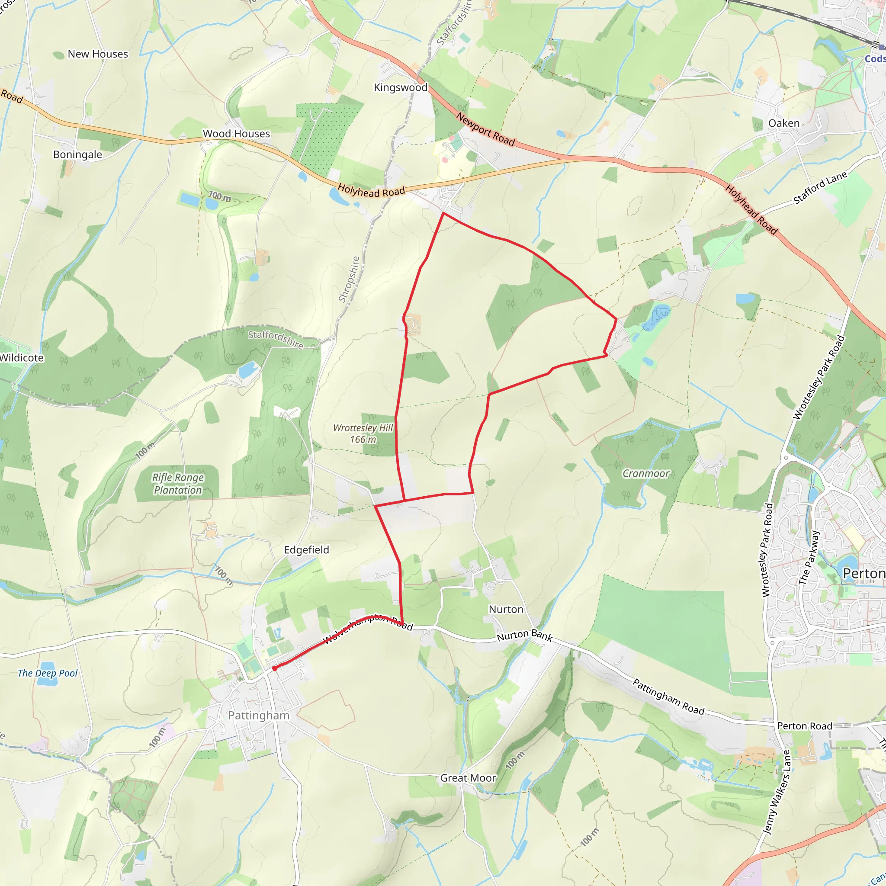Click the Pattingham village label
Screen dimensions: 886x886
(259, 716)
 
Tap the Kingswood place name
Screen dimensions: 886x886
(400, 87)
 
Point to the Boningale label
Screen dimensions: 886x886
(77, 154)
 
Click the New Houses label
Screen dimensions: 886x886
(98, 54)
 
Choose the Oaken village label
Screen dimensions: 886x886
(784, 123)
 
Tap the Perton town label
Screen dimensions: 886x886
(864, 573)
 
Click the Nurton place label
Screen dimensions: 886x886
(506, 609)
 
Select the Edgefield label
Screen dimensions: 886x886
(306, 549)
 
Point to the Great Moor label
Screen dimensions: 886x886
(468, 778)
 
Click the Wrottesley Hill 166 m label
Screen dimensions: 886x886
(363, 433)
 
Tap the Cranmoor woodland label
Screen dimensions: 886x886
(646, 473)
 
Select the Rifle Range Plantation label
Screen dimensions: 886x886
(177, 483)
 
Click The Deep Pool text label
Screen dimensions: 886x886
(48, 673)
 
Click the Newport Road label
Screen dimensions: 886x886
(485, 129)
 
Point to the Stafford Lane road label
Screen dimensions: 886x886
(820, 188)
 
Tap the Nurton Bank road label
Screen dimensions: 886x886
(525, 635)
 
